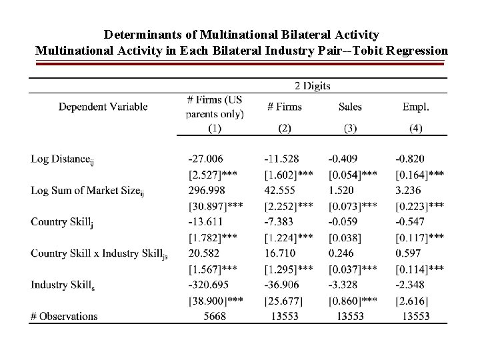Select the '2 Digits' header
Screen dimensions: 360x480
(312, 85)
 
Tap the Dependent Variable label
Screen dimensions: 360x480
(103, 107)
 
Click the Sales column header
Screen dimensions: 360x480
(351, 107)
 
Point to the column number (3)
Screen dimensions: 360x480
(351, 129)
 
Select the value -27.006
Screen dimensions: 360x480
(206, 159)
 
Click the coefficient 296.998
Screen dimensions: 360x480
(205, 190)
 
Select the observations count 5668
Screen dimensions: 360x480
(215, 316)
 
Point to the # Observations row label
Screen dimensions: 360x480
(64, 316)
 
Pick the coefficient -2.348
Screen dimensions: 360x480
(409, 285)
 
